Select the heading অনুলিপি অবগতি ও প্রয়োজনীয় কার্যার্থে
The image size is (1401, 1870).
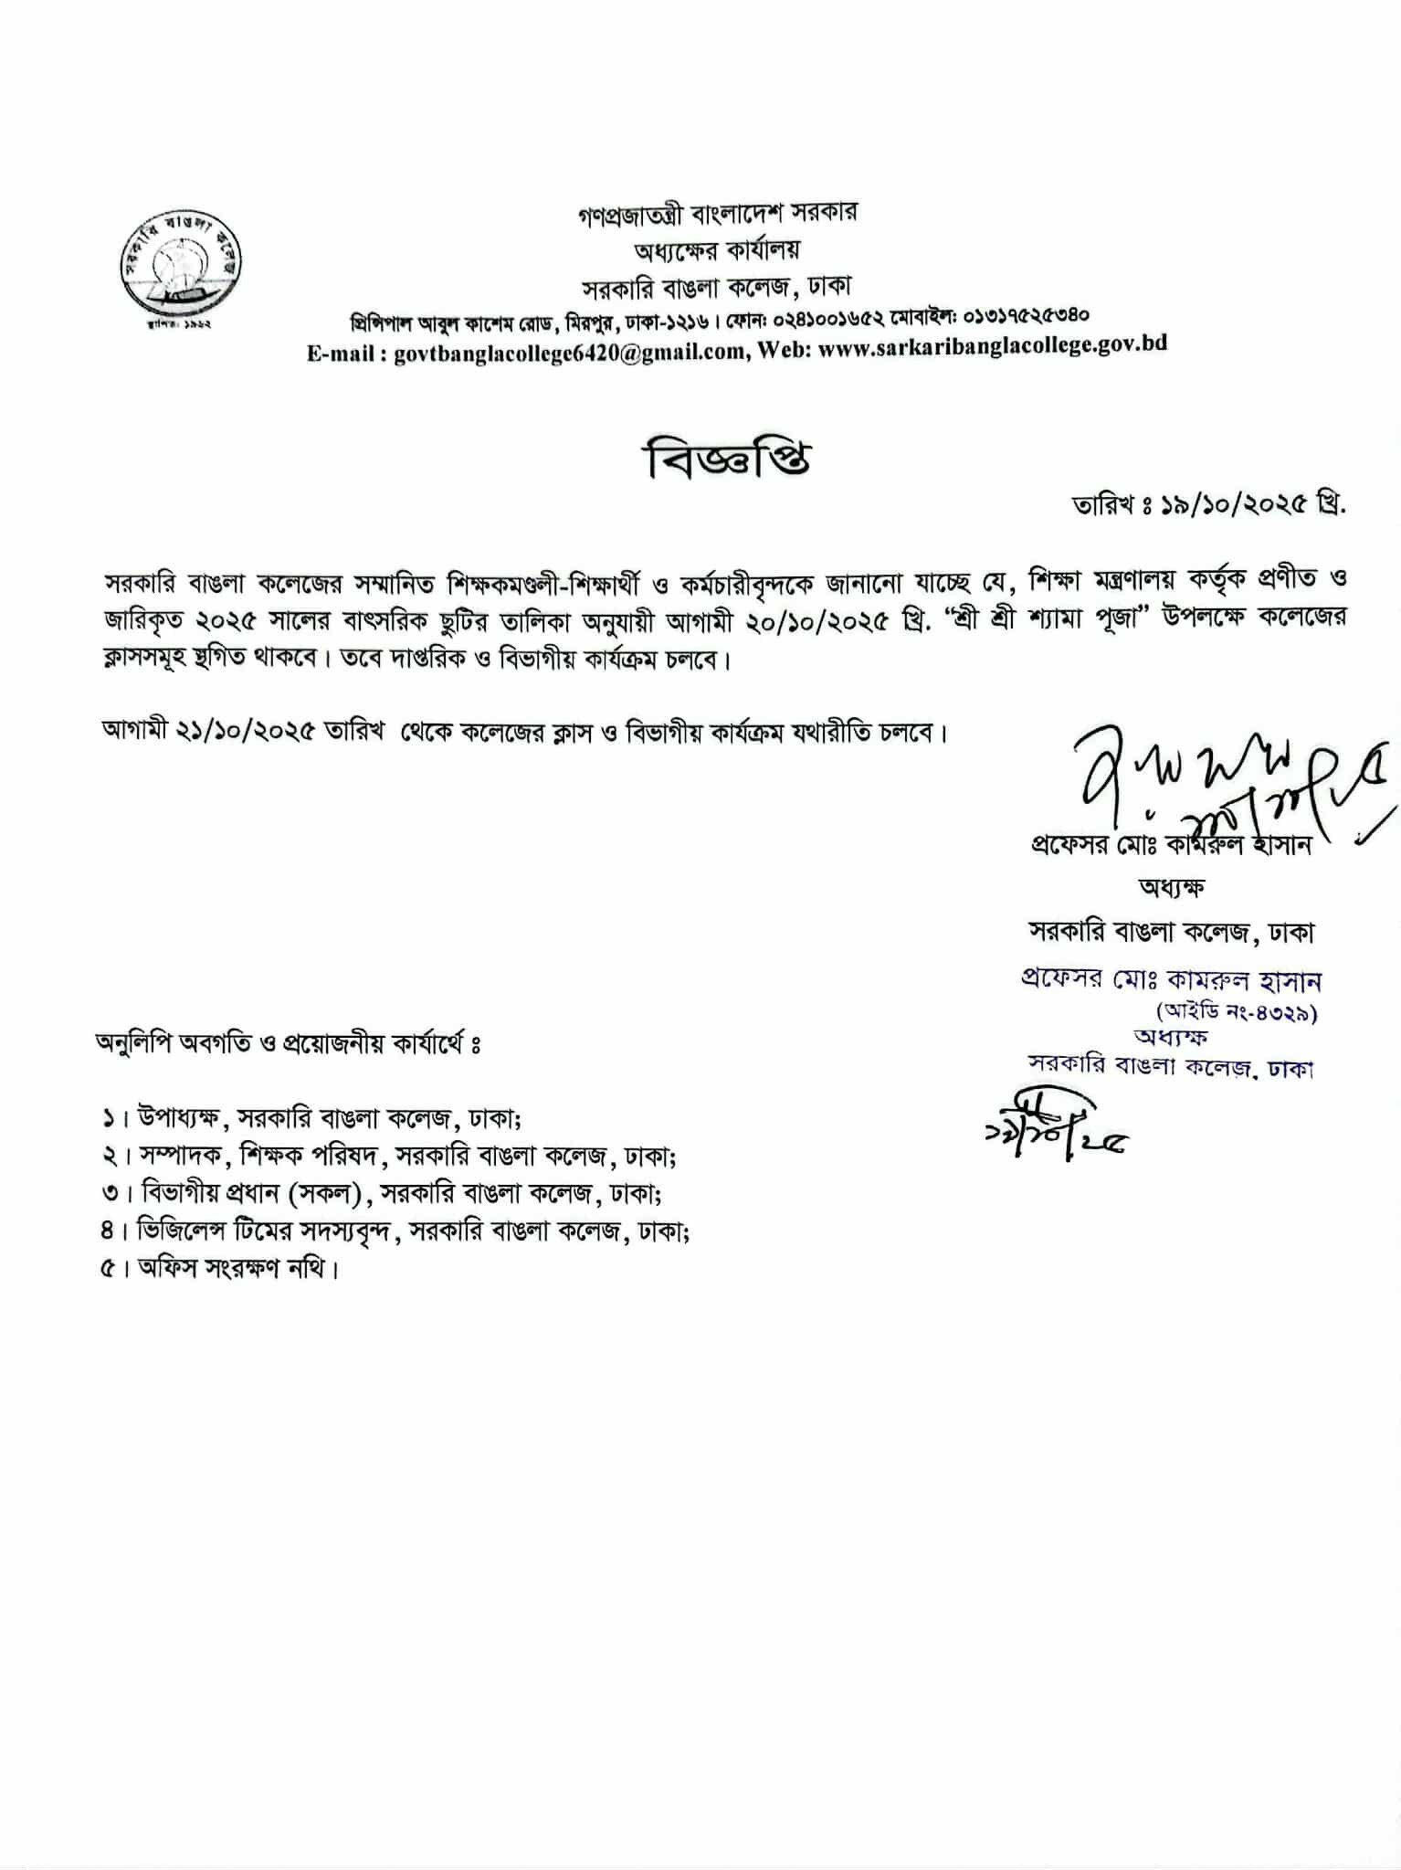(289, 1043)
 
